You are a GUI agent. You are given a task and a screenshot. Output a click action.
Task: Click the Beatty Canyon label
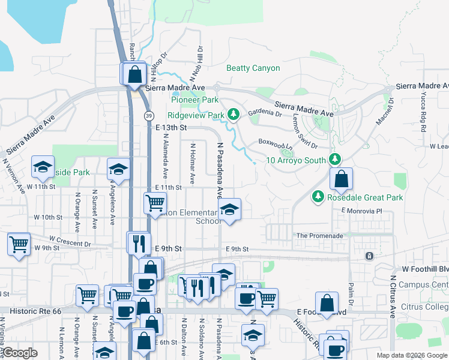pos(253,68)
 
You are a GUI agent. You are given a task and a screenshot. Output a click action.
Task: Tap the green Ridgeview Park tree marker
pos(234,114)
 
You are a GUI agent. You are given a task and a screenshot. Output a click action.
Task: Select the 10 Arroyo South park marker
pos(335,160)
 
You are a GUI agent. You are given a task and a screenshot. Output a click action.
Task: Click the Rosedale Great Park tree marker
pos(318,196)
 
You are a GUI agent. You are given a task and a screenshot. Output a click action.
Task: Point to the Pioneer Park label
pos(194,100)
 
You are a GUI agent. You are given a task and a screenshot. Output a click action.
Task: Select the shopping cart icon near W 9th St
pos(19,245)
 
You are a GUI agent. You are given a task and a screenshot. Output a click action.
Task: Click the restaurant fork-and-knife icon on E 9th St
pos(139,243)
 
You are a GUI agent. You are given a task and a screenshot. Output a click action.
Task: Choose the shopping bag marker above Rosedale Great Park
pos(341,179)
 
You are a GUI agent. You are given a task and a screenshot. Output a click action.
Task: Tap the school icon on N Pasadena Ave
pos(228,210)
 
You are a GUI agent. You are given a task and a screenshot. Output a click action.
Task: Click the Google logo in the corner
pos(20,353)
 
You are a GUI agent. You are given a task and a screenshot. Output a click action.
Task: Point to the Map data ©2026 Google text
pos(411,355)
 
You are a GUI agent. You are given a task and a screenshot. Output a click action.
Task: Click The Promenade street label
pos(320,236)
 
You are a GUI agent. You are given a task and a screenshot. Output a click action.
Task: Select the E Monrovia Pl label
pos(361,211)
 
